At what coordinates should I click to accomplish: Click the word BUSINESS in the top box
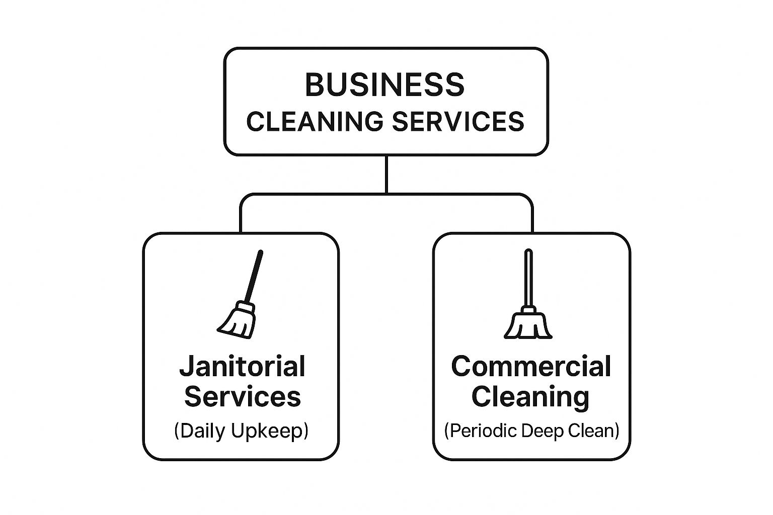pos(385,85)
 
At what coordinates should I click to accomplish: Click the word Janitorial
pos(242,366)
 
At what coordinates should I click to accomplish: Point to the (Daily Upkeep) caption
pos(241,431)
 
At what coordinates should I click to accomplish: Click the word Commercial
pos(531,366)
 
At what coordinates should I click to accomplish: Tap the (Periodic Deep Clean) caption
pos(531,431)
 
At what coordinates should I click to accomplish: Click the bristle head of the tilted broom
pos(237,320)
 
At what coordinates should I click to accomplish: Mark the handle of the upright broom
pos(528,277)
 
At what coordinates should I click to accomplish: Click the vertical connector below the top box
pos(386,174)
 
